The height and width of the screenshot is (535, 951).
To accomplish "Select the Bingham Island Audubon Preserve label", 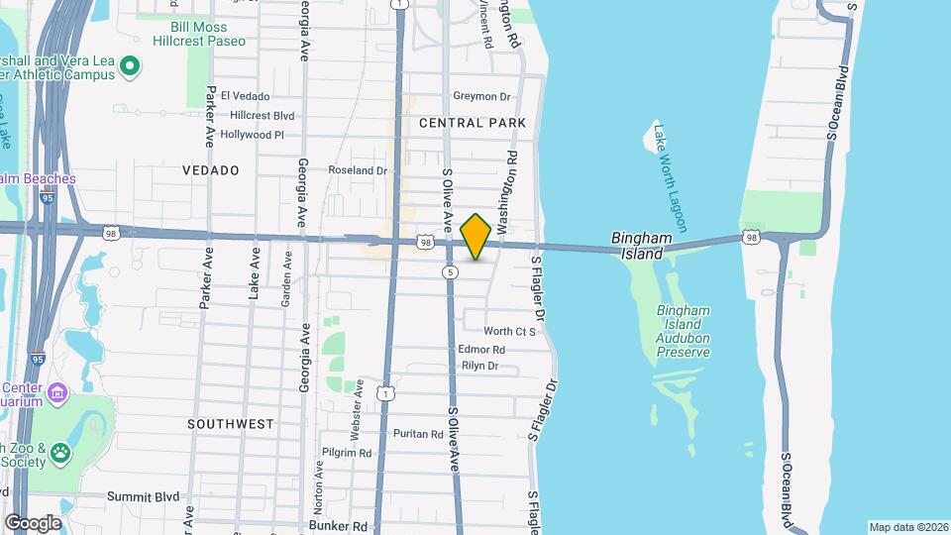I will pyautogui.click(x=684, y=331).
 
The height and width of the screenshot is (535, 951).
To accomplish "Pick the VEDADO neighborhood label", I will pyautogui.click(x=211, y=170).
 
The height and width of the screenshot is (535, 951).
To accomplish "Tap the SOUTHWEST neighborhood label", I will pyautogui.click(x=231, y=424).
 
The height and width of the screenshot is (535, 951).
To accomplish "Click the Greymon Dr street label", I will pyautogui.click(x=480, y=96).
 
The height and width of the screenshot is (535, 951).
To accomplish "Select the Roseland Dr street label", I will pyautogui.click(x=359, y=170).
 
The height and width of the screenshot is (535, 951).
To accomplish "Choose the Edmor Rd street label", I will pyautogui.click(x=482, y=350).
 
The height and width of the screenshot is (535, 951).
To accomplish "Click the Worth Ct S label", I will pyautogui.click(x=509, y=331).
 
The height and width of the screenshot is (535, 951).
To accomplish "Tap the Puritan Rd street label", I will pyautogui.click(x=417, y=434).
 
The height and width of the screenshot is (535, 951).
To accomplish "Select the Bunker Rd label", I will pyautogui.click(x=338, y=526).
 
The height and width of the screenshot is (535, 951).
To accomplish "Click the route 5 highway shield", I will pyautogui.click(x=451, y=271).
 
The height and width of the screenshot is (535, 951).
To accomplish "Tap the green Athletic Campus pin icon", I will pyautogui.click(x=129, y=67).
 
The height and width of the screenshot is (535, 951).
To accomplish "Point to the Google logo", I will pyautogui.click(x=33, y=522).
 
